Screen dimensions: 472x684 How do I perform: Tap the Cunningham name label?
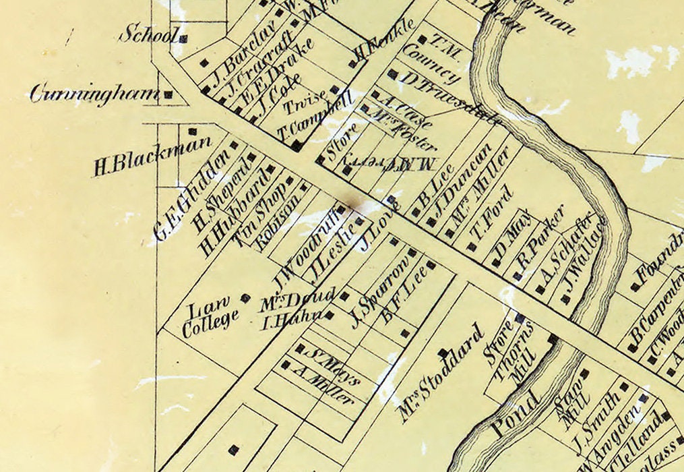pos(94,94)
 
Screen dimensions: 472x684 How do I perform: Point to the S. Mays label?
pos(332,365)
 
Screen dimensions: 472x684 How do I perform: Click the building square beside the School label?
pos(183,38)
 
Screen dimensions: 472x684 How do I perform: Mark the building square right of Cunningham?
pos(168,95)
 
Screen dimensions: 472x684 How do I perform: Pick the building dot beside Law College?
pos(246,297)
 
